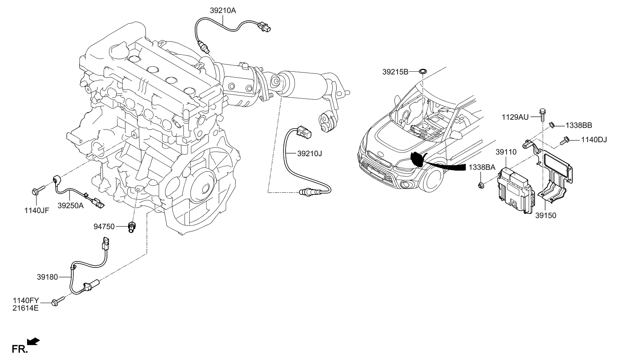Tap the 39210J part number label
pos(309,154)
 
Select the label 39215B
pos(395,72)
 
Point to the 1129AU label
pos(515,117)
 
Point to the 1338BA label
pos(482,168)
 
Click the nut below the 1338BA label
pos(482,185)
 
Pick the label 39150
pos(545,215)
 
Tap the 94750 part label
pos(104,227)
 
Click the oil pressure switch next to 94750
pos(132,228)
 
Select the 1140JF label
pos(37,210)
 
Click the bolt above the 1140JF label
pos(36,190)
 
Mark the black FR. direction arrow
pos(34,341)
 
